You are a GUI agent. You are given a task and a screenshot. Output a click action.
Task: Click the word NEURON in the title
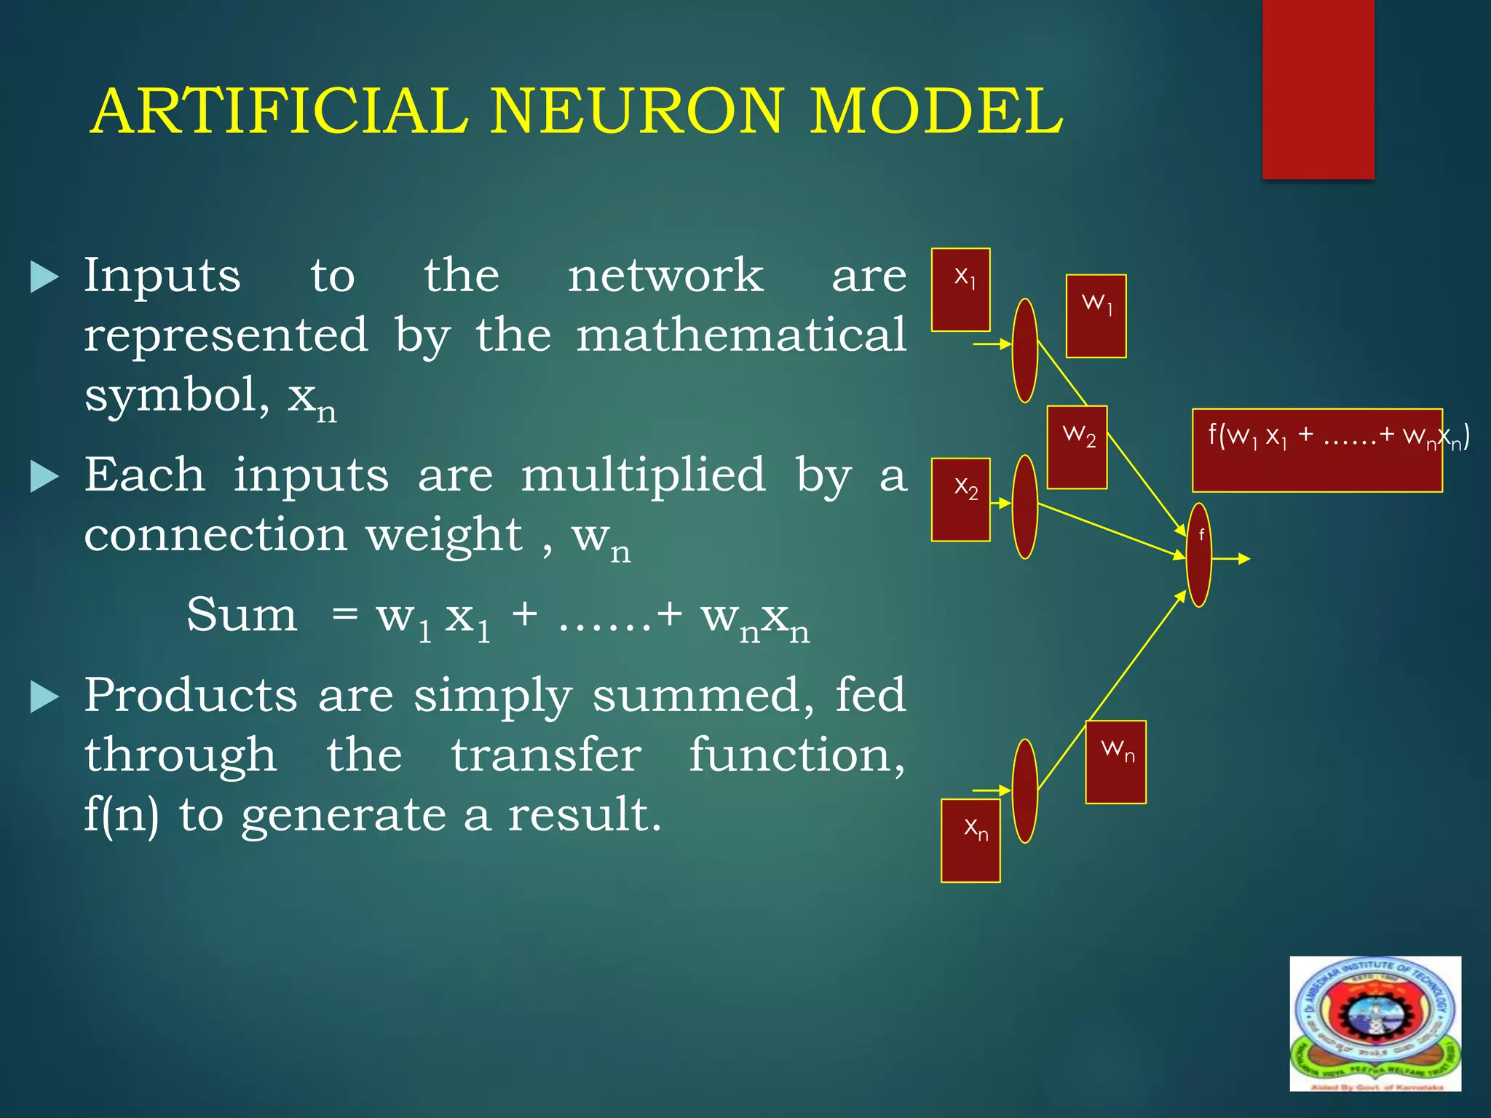[x=637, y=111]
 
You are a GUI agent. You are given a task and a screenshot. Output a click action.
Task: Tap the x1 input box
[x=960, y=290]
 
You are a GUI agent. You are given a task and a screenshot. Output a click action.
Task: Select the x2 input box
[x=960, y=499]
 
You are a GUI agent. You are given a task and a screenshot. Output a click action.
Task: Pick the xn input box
[x=970, y=841]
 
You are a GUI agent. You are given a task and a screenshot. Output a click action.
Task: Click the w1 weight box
[x=1096, y=316]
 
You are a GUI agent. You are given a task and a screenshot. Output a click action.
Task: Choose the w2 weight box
[x=1077, y=447]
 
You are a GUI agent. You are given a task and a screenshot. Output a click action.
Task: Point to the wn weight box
[x=1115, y=762]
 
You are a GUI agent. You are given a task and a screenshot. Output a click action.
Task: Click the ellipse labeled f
[x=1198, y=555]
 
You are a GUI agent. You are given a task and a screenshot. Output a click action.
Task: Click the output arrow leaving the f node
[x=1232, y=559]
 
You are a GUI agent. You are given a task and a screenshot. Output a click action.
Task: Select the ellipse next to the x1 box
[x=1025, y=350]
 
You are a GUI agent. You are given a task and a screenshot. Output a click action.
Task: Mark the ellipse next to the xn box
[x=1025, y=791]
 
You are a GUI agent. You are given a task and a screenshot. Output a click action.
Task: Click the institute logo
[x=1375, y=1023]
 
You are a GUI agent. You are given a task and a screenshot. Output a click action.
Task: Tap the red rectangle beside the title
[x=1318, y=89]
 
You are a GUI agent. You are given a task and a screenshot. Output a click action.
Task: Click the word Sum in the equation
[x=242, y=615]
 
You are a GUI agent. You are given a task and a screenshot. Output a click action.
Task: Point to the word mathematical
[x=741, y=336]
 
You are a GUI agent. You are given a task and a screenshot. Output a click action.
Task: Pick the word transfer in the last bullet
[x=546, y=755]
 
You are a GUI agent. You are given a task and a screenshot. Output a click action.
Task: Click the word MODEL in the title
[x=936, y=111]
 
